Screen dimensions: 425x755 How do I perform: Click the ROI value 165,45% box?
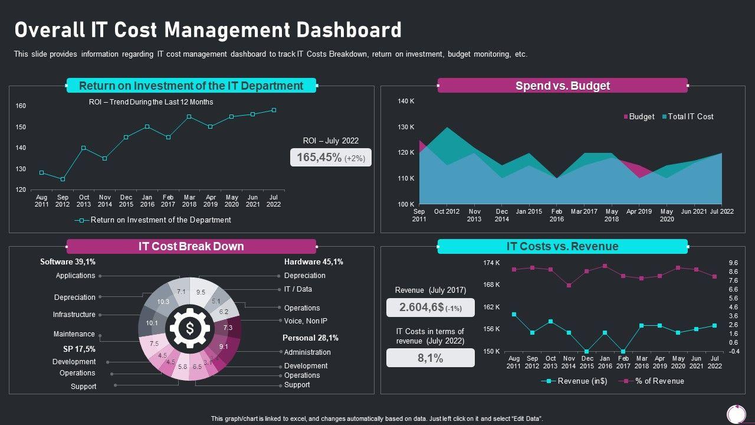click(330, 157)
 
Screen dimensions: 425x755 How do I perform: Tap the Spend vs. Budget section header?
click(562, 86)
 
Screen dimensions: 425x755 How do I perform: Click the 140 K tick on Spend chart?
click(406, 102)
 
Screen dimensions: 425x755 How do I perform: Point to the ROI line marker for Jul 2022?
click(274, 110)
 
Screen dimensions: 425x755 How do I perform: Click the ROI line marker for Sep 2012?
click(63, 179)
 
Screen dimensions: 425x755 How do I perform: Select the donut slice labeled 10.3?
click(163, 302)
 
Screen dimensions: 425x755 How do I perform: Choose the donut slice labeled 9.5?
click(201, 292)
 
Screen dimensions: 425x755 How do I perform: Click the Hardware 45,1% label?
click(313, 261)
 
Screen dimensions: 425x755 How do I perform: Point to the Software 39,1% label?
click(68, 261)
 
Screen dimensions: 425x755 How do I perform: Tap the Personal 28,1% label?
click(310, 338)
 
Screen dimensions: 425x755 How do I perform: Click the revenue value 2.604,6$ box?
click(430, 308)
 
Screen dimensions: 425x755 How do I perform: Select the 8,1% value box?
click(430, 358)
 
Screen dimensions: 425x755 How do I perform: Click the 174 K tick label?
click(491, 263)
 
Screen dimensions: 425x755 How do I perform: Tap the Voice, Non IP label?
click(306, 321)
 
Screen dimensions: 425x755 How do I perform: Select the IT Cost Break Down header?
click(191, 246)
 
